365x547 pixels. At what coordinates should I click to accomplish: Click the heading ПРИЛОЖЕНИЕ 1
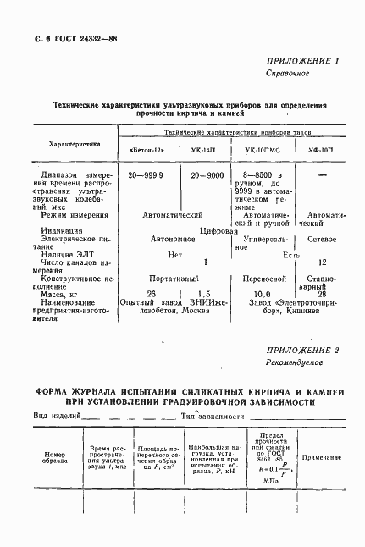tap(302, 61)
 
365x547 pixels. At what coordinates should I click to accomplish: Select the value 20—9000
tap(207, 174)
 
